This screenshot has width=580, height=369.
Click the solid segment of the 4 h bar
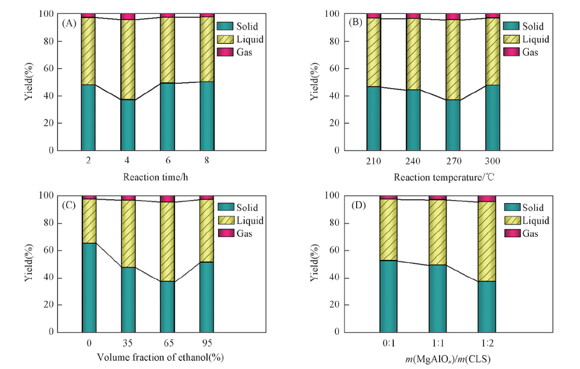[128, 125]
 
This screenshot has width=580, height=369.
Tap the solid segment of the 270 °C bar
[452, 125]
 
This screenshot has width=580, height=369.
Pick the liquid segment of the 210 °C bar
[374, 52]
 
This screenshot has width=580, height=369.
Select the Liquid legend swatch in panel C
[224, 220]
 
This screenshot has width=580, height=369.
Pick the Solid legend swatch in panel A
[224, 26]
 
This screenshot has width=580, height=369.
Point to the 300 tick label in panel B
[492, 161]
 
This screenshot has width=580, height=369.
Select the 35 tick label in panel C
[128, 343]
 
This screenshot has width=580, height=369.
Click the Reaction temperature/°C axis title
[438, 177]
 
